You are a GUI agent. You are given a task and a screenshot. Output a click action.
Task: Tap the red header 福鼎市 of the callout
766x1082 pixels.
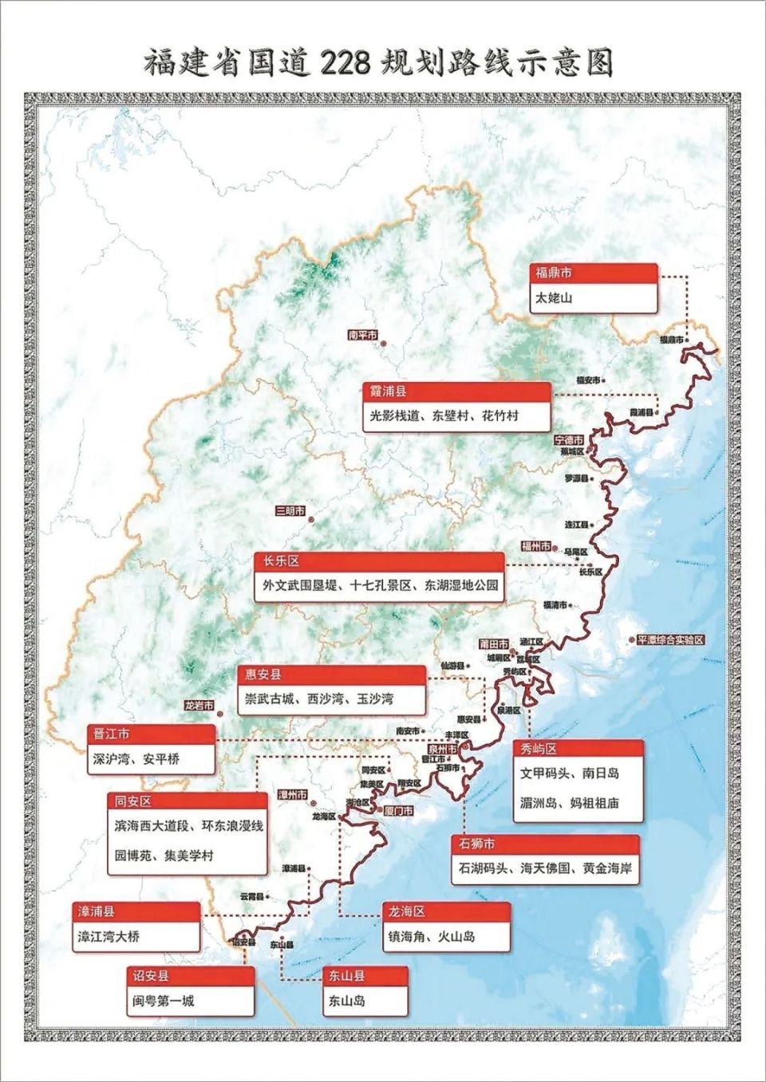click(x=594, y=273)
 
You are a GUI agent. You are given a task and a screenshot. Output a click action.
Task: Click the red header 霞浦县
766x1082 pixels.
click(x=456, y=391)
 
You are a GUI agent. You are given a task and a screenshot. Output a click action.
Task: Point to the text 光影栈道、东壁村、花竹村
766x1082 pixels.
click(x=444, y=415)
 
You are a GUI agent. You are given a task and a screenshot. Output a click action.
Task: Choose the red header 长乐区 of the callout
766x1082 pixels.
click(x=380, y=561)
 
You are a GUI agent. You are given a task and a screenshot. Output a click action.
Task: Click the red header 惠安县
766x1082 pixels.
click(x=331, y=675)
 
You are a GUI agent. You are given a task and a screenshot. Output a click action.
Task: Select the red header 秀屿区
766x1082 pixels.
click(x=578, y=749)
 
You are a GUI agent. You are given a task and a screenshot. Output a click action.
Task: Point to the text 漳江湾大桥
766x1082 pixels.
click(x=109, y=937)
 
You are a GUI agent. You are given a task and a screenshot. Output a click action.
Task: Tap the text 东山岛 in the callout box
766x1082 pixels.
click(x=347, y=1001)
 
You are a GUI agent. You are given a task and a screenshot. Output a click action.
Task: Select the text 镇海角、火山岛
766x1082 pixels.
click(x=432, y=937)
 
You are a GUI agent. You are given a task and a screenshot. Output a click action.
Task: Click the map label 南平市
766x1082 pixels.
click(x=362, y=336)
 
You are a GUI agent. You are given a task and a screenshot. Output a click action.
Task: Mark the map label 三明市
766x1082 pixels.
click(x=290, y=511)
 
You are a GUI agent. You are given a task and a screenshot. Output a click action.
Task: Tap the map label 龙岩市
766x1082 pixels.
click(x=199, y=706)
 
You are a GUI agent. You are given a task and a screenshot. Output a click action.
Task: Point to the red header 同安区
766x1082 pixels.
click(x=188, y=801)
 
